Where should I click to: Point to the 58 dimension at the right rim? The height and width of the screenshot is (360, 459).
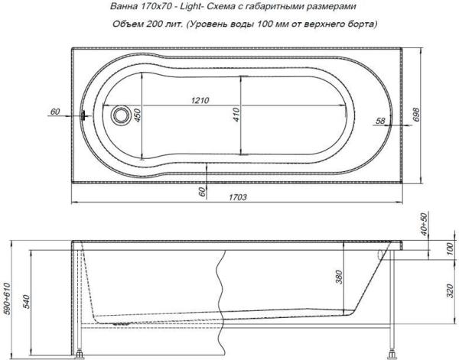click(x=380, y=120)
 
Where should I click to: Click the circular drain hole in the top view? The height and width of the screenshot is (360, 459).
click(x=119, y=115)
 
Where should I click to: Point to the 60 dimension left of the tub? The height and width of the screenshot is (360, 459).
click(x=54, y=112)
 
